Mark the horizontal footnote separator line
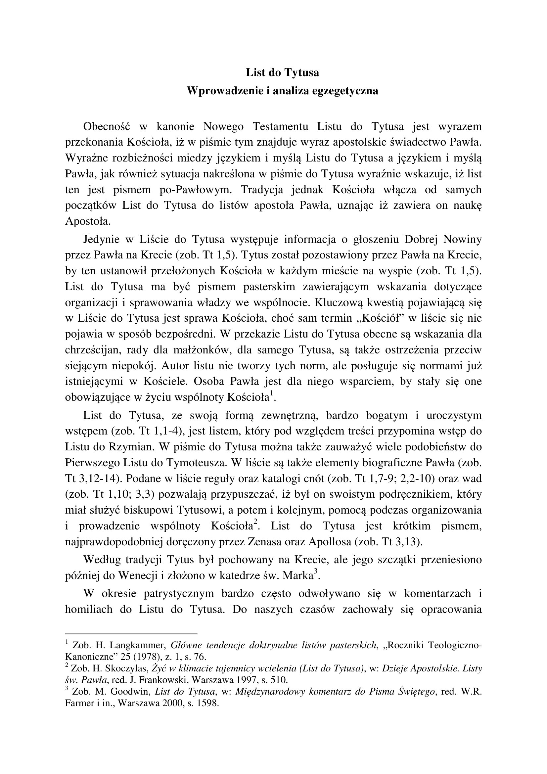tap(131, 634)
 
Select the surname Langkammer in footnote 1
tap(136, 646)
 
